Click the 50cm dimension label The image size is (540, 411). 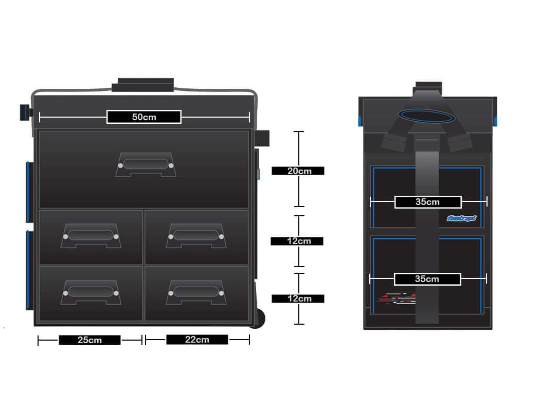[144, 117]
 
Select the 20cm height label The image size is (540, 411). [298, 171]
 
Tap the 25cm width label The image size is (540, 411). [89, 340]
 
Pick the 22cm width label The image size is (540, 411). [197, 340]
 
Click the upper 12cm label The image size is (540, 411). [298, 241]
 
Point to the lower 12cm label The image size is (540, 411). [298, 298]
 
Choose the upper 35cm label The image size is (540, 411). [428, 202]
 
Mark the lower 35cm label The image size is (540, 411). [427, 279]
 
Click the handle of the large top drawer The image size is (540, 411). [146, 165]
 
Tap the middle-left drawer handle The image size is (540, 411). [91, 236]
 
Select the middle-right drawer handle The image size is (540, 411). [196, 236]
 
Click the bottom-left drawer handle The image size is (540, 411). [91, 292]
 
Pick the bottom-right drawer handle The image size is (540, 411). [196, 292]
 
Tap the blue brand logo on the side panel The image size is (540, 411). [462, 218]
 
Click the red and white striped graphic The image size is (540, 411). [396, 298]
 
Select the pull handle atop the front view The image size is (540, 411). [143, 85]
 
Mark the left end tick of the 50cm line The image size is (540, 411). [40, 117]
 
